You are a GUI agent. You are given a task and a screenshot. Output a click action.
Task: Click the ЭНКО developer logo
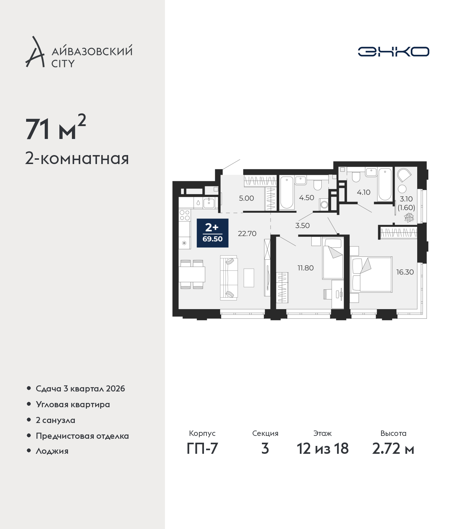393,52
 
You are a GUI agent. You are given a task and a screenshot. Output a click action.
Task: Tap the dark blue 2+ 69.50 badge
213,233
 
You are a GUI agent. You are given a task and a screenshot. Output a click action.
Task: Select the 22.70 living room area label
247,234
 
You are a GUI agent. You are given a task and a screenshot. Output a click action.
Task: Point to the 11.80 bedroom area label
305,268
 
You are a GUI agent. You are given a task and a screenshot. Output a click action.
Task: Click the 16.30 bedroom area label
405,272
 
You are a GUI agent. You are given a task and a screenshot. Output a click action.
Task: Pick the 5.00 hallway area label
246,198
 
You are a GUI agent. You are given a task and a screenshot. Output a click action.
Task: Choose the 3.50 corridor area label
302,226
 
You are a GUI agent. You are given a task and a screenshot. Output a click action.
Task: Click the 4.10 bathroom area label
364,192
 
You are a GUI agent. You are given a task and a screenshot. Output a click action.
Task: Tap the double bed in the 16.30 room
371,274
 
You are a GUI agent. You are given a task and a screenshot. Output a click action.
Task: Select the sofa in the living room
229,278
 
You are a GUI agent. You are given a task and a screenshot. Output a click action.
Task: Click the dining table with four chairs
192,274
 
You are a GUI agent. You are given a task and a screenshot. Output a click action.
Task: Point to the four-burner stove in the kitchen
185,215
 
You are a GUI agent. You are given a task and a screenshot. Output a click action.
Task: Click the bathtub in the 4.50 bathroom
287,193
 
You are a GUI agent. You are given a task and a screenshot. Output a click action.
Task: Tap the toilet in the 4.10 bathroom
356,177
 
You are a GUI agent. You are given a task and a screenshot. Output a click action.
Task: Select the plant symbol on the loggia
409,217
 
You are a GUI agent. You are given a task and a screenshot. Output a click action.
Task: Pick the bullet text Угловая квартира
73,405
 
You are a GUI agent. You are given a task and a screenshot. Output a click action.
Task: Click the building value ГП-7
202,448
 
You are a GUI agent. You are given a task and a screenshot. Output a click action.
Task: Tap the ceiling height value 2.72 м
393,448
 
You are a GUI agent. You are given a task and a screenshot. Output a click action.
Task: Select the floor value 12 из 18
323,448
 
